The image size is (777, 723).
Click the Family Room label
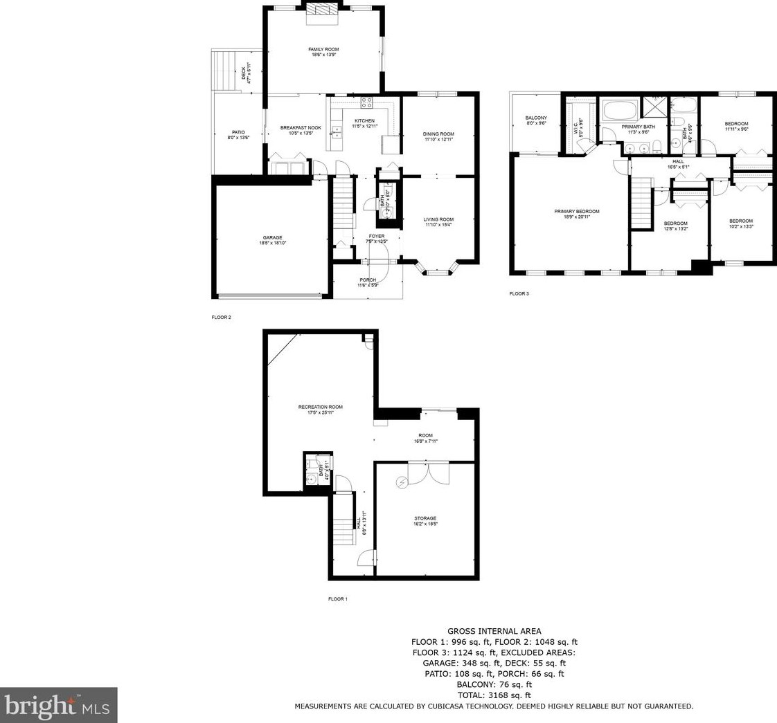323,49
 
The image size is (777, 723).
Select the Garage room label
272,238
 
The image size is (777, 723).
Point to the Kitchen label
365,121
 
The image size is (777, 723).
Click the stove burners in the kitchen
366,102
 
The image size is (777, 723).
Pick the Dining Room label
438,134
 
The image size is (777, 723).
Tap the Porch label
368,280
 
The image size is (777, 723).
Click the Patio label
238,132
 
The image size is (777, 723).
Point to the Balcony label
536,118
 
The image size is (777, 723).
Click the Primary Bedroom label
576,212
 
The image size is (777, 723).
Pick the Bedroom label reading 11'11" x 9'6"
736,124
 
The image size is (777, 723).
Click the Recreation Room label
320,407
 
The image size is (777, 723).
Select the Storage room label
425,518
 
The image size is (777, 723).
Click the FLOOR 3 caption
519,294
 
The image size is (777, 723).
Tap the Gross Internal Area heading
494,631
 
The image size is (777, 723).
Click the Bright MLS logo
59,705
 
